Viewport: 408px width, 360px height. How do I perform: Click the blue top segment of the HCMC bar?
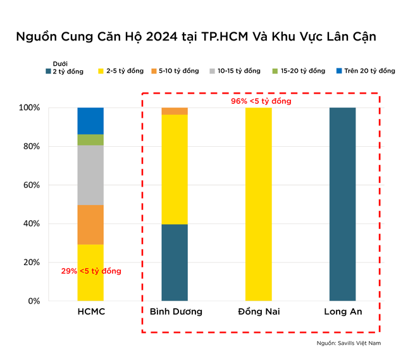click(x=90, y=120)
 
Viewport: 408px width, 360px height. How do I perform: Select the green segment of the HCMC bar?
click(x=90, y=140)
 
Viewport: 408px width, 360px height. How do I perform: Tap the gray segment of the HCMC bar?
click(x=90, y=175)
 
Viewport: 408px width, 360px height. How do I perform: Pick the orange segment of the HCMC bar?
click(x=90, y=224)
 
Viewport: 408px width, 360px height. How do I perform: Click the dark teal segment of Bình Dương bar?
click(x=175, y=262)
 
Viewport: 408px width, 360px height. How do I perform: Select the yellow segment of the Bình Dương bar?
click(x=175, y=169)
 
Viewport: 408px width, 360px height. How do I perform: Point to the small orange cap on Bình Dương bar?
click(x=175, y=111)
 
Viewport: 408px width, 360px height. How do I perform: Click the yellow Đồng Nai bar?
click(x=258, y=204)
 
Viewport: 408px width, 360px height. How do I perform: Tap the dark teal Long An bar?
click(x=343, y=204)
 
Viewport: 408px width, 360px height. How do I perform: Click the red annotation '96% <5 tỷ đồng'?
click(x=261, y=101)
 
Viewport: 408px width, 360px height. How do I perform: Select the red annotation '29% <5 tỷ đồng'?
click(x=90, y=271)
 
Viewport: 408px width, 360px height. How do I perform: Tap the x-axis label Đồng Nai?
click(x=259, y=311)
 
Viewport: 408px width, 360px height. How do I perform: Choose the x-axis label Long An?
click(x=343, y=311)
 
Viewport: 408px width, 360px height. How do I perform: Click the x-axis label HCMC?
click(x=90, y=311)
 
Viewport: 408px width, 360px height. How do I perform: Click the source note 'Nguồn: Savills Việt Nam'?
click(x=350, y=343)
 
